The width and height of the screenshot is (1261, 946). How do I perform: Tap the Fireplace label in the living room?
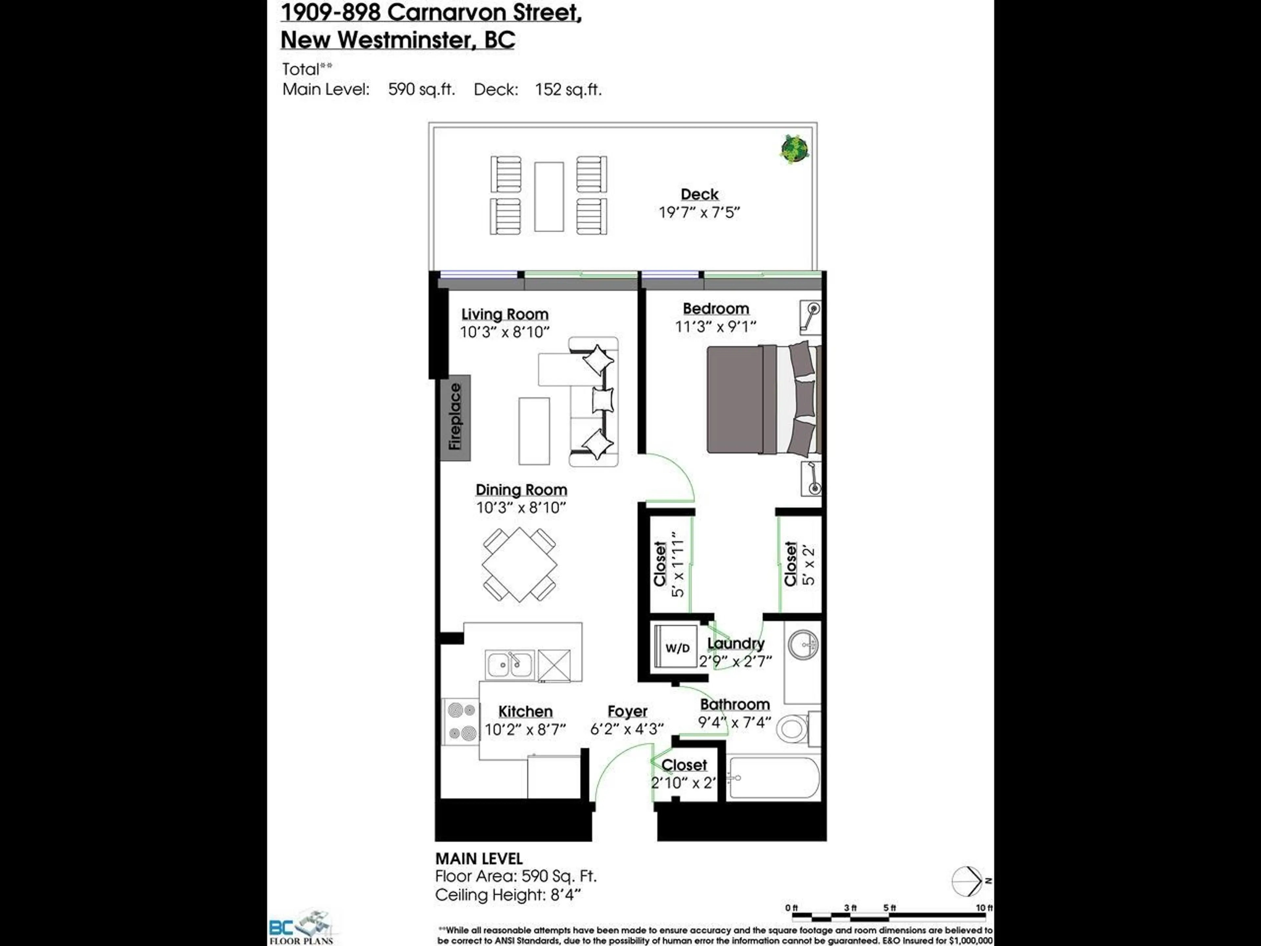coord(455,417)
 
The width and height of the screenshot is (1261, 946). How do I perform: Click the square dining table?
coord(519,565)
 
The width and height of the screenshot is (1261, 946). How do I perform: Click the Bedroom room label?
coord(716,308)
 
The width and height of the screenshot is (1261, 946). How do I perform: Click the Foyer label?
coord(627,711)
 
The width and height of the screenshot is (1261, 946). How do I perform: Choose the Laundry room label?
coord(735,643)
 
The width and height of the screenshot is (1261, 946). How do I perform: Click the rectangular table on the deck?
coord(548,197)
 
